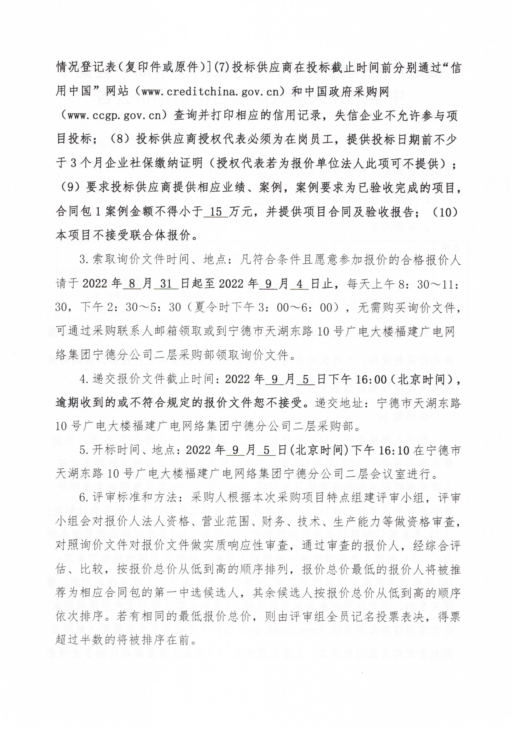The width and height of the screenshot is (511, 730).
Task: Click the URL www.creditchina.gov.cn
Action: click(x=211, y=92)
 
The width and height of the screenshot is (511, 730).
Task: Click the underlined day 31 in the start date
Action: click(x=166, y=284)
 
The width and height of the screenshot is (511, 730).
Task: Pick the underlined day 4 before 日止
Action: click(x=300, y=284)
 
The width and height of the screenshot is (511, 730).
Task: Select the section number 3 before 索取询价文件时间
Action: click(x=83, y=260)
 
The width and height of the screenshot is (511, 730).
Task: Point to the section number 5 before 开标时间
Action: click(x=83, y=450)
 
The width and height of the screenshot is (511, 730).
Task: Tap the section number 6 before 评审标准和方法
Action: click(x=83, y=498)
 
